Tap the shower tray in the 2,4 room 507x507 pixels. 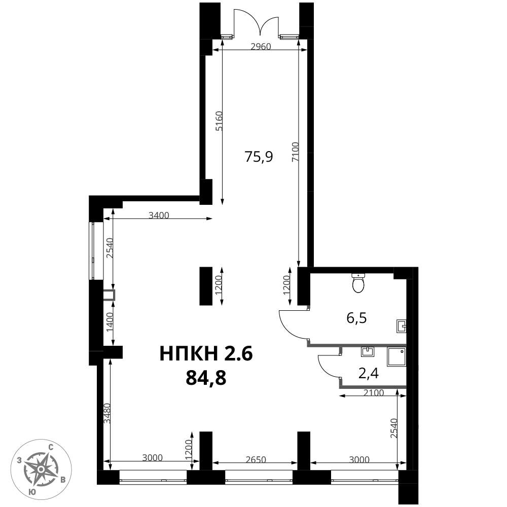[x=396, y=357]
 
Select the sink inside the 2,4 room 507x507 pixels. [x=367, y=352]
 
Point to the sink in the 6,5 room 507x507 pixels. [x=401, y=326]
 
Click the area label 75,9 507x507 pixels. [x=259, y=157]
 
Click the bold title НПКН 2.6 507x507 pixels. [x=206, y=353]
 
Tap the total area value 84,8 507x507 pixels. [x=206, y=378]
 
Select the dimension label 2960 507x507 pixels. [x=261, y=47]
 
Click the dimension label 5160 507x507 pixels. [x=219, y=121]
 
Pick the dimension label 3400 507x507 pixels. [x=159, y=215]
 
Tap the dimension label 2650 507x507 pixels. [x=256, y=459]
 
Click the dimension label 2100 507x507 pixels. [x=374, y=393]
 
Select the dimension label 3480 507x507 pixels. [x=107, y=413]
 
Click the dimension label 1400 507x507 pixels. [x=110, y=322]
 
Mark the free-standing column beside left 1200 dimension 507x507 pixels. [x=206, y=286]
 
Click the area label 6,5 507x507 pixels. [x=356, y=318]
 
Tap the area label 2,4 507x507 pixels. [x=369, y=374]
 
